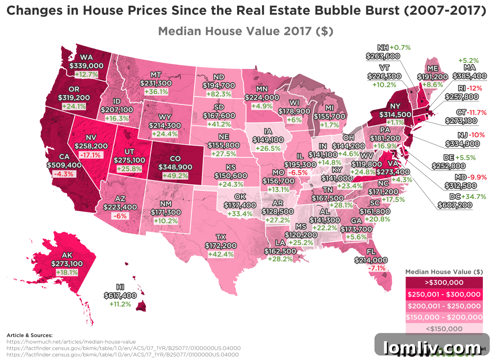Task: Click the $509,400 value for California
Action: click(64, 165)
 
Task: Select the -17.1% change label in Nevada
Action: click(90, 155)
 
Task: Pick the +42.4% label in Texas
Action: click(221, 254)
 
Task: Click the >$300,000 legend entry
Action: click(444, 282)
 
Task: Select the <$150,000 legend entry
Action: click(444, 329)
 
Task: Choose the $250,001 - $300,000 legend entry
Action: click(444, 294)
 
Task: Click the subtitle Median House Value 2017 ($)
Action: click(245, 31)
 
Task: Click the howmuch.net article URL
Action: click(71, 342)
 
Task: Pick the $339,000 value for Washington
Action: click(86, 65)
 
